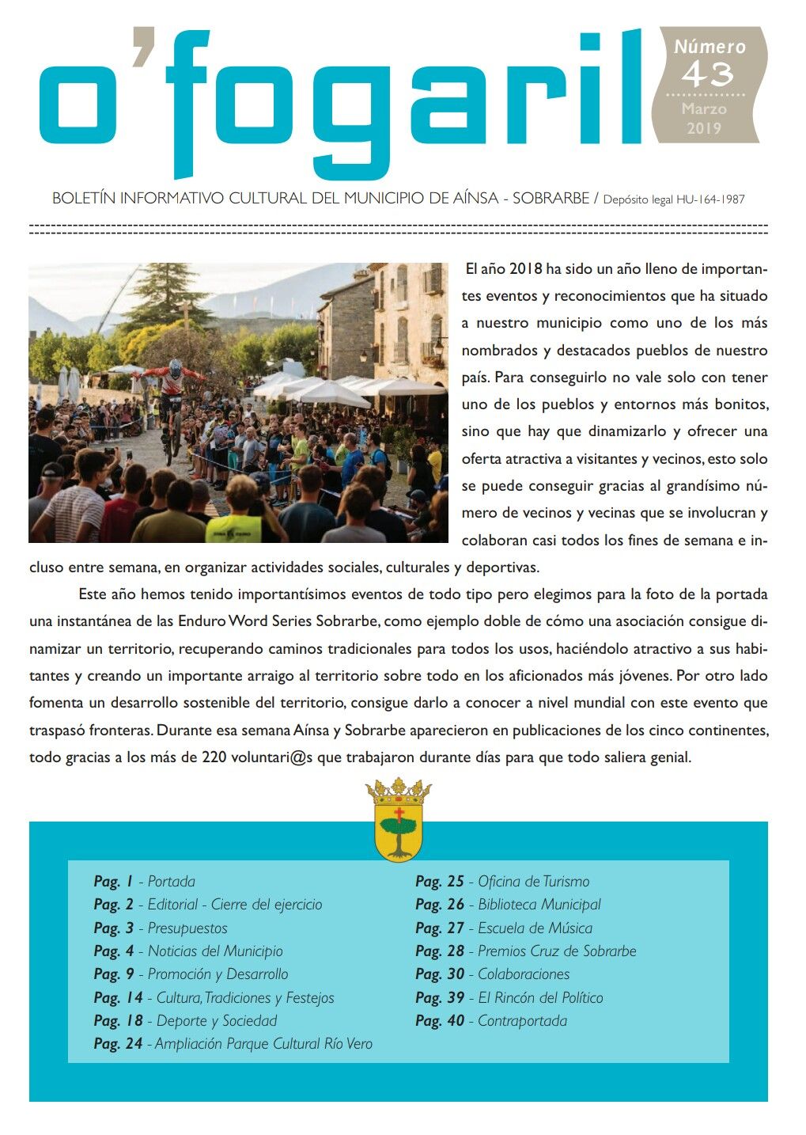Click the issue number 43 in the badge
pos(707,75)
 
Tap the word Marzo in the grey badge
pos(704,109)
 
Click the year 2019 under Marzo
pos(704,128)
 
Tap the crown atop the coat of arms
pos(398,791)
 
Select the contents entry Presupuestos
pos(187,928)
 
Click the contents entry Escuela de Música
pos(535,928)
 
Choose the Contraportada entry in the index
pos(522,1020)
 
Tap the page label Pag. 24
pos(118,1044)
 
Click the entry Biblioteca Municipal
pos(539,904)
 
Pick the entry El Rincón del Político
pos(540,997)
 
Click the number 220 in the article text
pos(214,757)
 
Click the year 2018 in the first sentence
pos(526,269)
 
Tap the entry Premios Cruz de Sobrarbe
pos(557,951)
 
